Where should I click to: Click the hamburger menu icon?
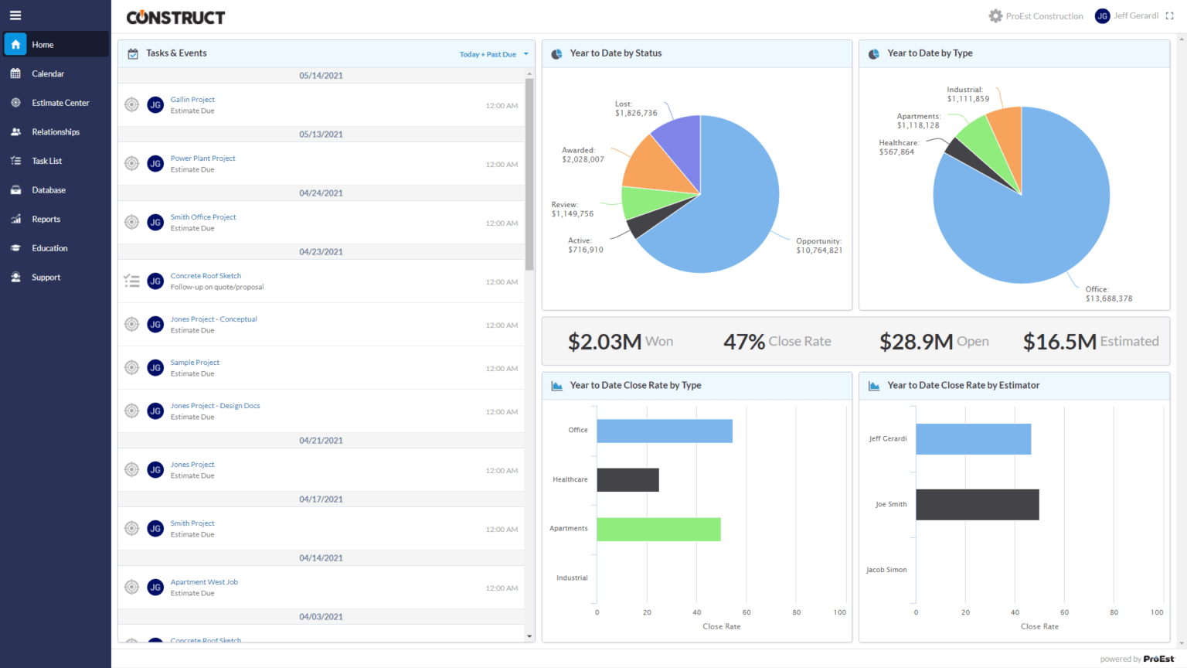coord(15,15)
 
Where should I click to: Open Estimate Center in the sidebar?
coord(60,103)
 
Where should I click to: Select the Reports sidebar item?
coord(46,220)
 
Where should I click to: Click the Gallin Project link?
coord(192,100)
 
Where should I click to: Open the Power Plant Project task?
coord(202,158)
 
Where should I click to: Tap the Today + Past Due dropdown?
coord(493,54)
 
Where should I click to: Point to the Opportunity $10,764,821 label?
coord(818,246)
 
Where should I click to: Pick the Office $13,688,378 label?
coord(1108,294)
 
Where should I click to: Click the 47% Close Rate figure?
coord(777,342)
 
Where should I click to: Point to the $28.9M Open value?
coord(934,342)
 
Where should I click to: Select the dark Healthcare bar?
coord(628,480)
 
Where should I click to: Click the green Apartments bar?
coord(658,530)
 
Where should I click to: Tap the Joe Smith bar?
coord(977,505)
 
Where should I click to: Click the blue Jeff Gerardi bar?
coord(973,439)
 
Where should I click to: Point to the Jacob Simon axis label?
coord(886,570)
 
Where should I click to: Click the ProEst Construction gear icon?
coord(995,16)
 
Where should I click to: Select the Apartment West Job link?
coord(204,582)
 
